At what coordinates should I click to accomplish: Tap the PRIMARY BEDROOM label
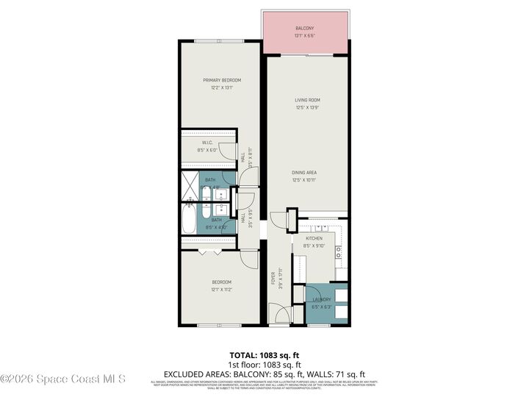click(222, 80)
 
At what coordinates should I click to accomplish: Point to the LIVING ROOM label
click(307, 100)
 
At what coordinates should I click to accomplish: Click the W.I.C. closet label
click(208, 143)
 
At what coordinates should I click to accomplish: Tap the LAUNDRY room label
click(321, 299)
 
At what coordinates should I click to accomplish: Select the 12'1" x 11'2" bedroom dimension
click(221, 289)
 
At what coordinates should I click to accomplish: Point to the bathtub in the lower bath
click(190, 218)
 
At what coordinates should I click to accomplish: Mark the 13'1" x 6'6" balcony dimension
click(306, 35)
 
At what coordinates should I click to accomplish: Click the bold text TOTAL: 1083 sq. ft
click(264, 354)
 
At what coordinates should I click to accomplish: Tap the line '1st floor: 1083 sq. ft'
click(264, 364)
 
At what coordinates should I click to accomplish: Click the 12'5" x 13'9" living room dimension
click(307, 107)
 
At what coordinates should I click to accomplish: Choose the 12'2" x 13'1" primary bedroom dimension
click(222, 87)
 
